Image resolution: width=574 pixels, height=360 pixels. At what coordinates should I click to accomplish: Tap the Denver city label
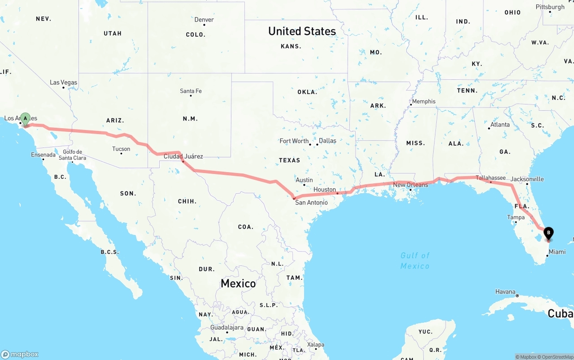coord(204,20)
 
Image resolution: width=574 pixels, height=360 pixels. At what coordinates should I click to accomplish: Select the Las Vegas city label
coord(63,82)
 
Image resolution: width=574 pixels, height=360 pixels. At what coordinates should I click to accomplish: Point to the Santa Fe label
coord(191,91)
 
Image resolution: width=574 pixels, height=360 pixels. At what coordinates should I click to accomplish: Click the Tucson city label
coord(121,149)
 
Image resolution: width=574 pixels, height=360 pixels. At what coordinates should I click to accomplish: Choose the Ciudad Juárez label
coord(183,156)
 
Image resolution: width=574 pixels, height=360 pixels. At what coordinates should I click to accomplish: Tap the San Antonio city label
coord(311,203)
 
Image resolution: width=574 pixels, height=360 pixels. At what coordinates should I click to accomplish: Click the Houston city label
coord(325,190)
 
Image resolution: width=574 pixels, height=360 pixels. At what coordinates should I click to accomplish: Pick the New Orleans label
coord(410,185)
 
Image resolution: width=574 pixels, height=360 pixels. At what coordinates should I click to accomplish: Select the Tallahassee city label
coord(491,178)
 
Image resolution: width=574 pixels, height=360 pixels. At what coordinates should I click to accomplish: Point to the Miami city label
coord(557,252)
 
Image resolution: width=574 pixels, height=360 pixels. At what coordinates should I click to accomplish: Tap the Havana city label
coord(505,292)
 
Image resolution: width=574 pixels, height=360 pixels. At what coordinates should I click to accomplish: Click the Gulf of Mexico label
coord(415,260)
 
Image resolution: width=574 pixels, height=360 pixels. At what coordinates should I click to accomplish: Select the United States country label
coord(302,31)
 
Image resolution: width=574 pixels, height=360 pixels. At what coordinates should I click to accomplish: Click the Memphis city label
coord(423,101)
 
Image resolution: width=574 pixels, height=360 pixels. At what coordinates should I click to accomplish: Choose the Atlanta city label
coord(500,125)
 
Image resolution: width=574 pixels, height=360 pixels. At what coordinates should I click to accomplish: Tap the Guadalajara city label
coord(227,328)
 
